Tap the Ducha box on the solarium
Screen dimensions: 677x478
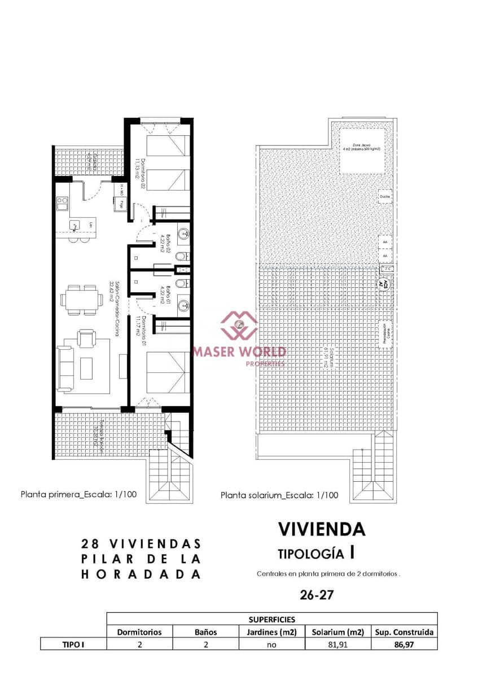coord(385,196)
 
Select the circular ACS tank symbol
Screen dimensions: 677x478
coord(383,284)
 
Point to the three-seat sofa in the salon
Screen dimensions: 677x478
coord(65,370)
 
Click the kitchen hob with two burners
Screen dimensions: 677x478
coord(62,200)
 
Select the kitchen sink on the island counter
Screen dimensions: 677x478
coord(75,225)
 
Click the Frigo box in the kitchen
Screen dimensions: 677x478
coord(120,205)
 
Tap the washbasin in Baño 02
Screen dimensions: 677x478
coord(183,232)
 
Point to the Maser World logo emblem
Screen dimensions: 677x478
coord(239,324)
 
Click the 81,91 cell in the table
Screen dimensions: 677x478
coord(337,644)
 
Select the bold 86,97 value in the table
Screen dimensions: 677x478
coord(404,644)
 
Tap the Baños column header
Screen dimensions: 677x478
coord(205,632)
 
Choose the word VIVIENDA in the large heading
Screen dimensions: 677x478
coord(322,529)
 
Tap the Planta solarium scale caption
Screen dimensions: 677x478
coord(279,496)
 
